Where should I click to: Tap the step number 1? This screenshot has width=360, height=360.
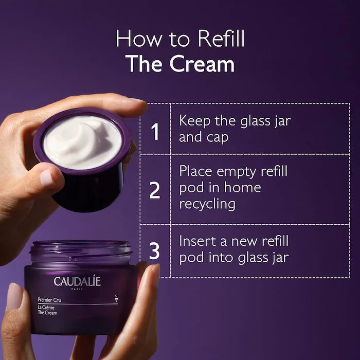point(155,132)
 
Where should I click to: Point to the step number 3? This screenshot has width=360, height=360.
point(155,250)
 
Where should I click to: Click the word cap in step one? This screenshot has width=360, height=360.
point(217,138)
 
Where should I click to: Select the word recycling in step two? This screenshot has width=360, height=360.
point(207,204)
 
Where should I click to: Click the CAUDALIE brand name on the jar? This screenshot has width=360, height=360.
point(78,281)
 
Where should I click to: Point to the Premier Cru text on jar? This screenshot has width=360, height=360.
point(50,299)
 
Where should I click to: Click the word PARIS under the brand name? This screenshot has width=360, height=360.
point(78,289)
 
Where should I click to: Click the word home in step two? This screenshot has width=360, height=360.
point(242,188)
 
